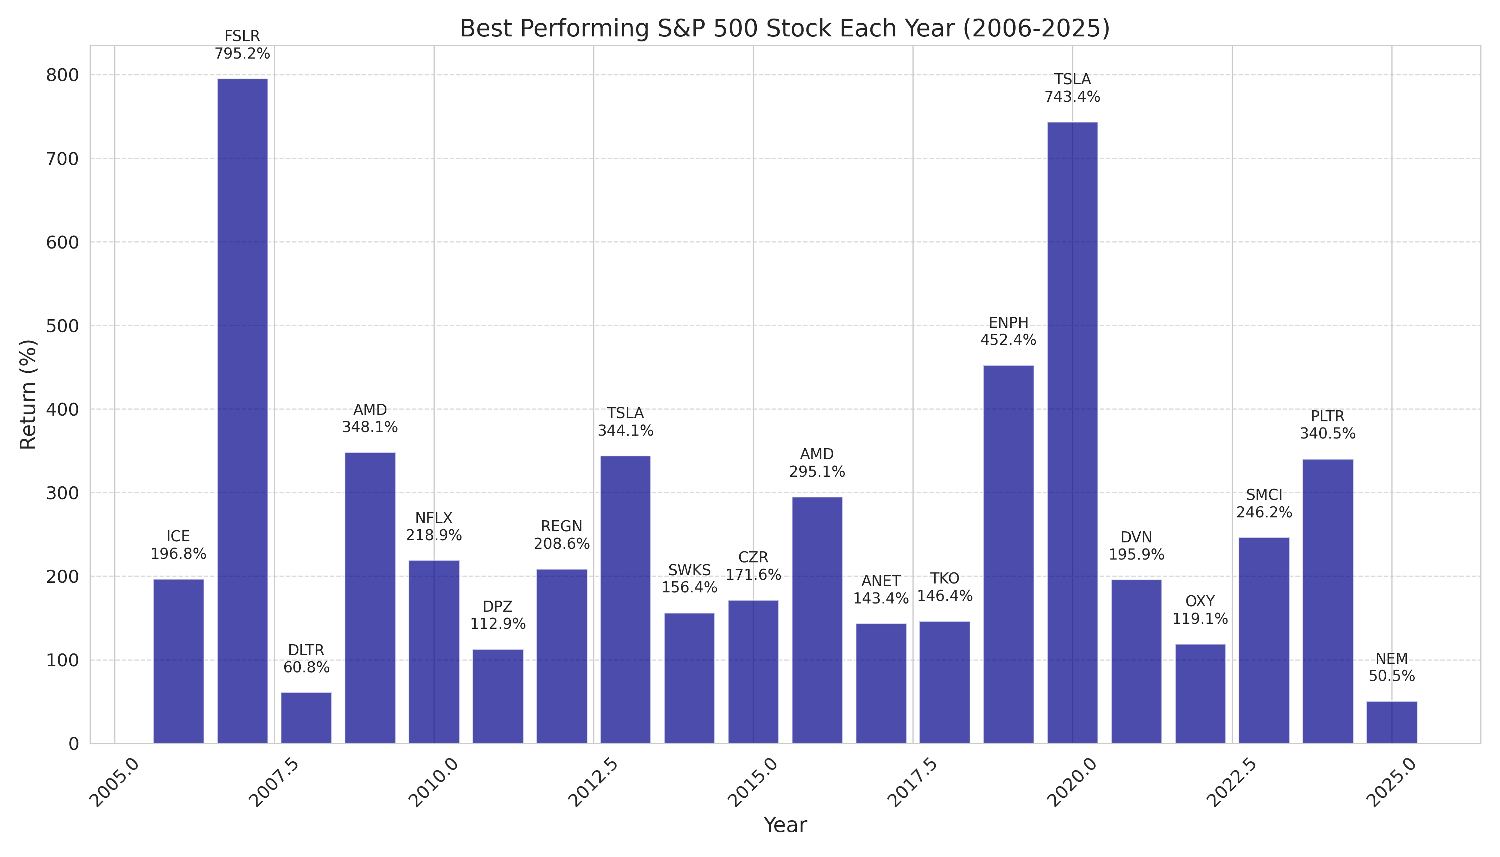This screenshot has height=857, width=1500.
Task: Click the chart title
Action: (x=784, y=28)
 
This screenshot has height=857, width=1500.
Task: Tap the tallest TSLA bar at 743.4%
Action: (x=1072, y=433)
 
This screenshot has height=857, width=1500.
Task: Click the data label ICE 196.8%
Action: (x=178, y=545)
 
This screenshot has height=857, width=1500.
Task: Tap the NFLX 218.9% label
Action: (x=434, y=527)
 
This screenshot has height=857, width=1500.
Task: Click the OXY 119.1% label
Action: (x=1200, y=610)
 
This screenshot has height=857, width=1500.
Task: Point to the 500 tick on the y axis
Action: (x=62, y=326)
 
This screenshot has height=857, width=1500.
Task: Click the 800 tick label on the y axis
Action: (x=62, y=75)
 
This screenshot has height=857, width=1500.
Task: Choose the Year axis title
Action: (x=784, y=825)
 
